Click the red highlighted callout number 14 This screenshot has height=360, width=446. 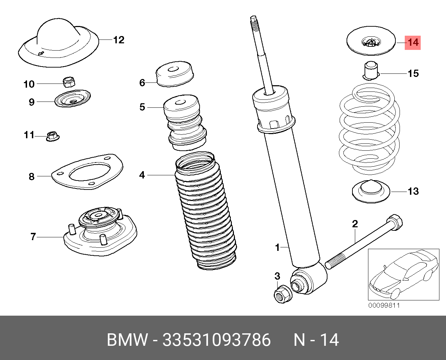(x=413, y=43)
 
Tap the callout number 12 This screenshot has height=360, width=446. (x=119, y=40)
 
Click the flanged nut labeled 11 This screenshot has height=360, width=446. (x=52, y=135)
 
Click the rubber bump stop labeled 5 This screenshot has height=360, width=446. (x=184, y=123)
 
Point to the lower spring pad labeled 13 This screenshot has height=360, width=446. (x=371, y=192)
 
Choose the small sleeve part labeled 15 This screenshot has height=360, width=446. (x=371, y=70)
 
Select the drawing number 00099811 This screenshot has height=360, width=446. (x=384, y=306)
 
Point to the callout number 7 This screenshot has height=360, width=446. (x=33, y=237)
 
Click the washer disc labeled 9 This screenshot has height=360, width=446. (x=72, y=98)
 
